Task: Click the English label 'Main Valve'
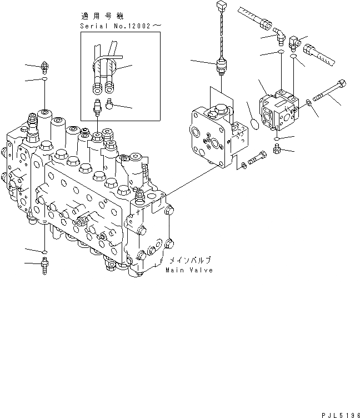click(189, 270)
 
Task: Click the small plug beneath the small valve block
click(277, 148)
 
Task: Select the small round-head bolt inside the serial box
click(109, 103)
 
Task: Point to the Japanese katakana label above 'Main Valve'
click(189, 260)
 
